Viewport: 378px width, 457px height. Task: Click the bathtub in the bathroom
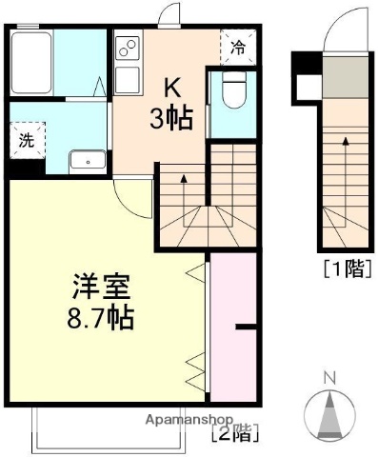pos(31,61)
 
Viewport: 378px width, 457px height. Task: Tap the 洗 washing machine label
pos(26,138)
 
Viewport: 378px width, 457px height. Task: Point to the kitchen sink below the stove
pos(126,79)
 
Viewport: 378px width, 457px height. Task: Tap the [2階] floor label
pos(232,435)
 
